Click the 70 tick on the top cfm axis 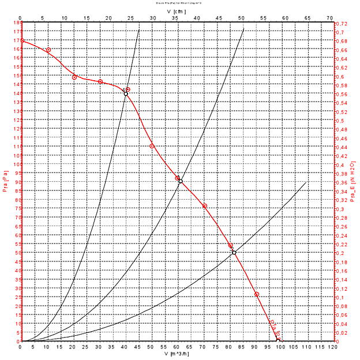coord(329,18)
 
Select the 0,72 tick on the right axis coord(342,24)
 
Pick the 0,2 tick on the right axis coord(340,253)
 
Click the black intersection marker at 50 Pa coord(234,253)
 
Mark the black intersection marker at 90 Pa coord(181,181)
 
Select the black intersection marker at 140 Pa coord(126,93)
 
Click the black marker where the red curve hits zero coord(278,341)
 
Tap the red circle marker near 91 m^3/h coord(257,294)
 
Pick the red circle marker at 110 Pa coord(152,146)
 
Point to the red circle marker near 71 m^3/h coord(204,206)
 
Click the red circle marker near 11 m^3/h coord(48,50)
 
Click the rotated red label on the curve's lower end coord(274,329)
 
